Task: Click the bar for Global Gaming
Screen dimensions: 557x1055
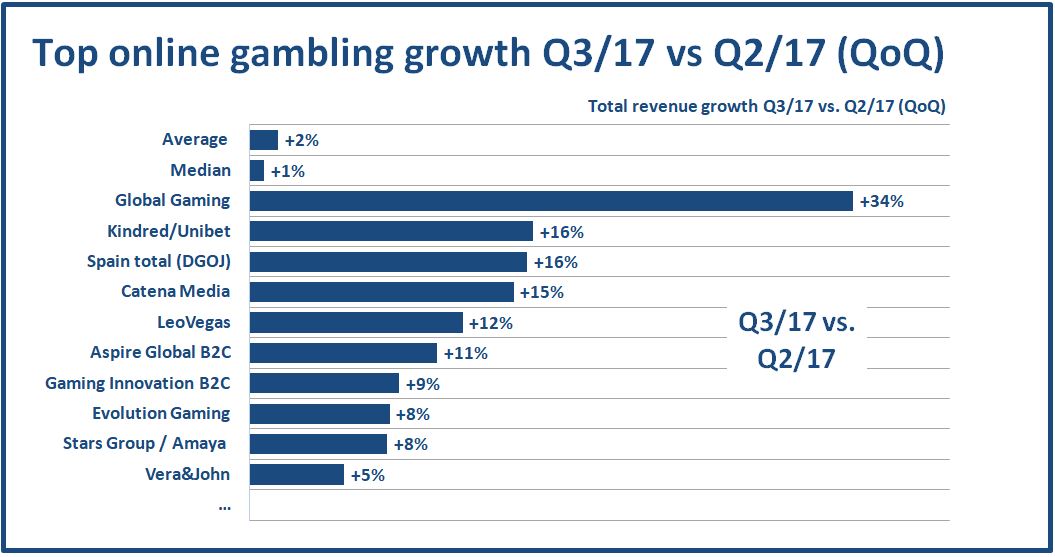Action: [550, 201]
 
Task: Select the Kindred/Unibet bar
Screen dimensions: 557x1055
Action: [391, 232]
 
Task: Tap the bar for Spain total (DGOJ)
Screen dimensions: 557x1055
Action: [388, 262]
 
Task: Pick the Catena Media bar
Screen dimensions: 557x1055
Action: [381, 292]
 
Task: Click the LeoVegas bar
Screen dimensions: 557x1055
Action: [356, 322]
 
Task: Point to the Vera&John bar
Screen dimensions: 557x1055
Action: [297, 474]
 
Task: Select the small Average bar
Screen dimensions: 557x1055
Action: [264, 140]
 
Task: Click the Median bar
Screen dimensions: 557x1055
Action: [257, 171]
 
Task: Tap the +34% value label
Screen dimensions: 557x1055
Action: [881, 202]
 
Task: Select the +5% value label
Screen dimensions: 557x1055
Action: [367, 475]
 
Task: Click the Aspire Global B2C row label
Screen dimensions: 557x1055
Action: [160, 352]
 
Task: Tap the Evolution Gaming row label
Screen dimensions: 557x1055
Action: [161, 413]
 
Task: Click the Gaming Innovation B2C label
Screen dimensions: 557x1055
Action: [138, 383]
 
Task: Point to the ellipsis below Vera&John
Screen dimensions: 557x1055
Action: [224, 505]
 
